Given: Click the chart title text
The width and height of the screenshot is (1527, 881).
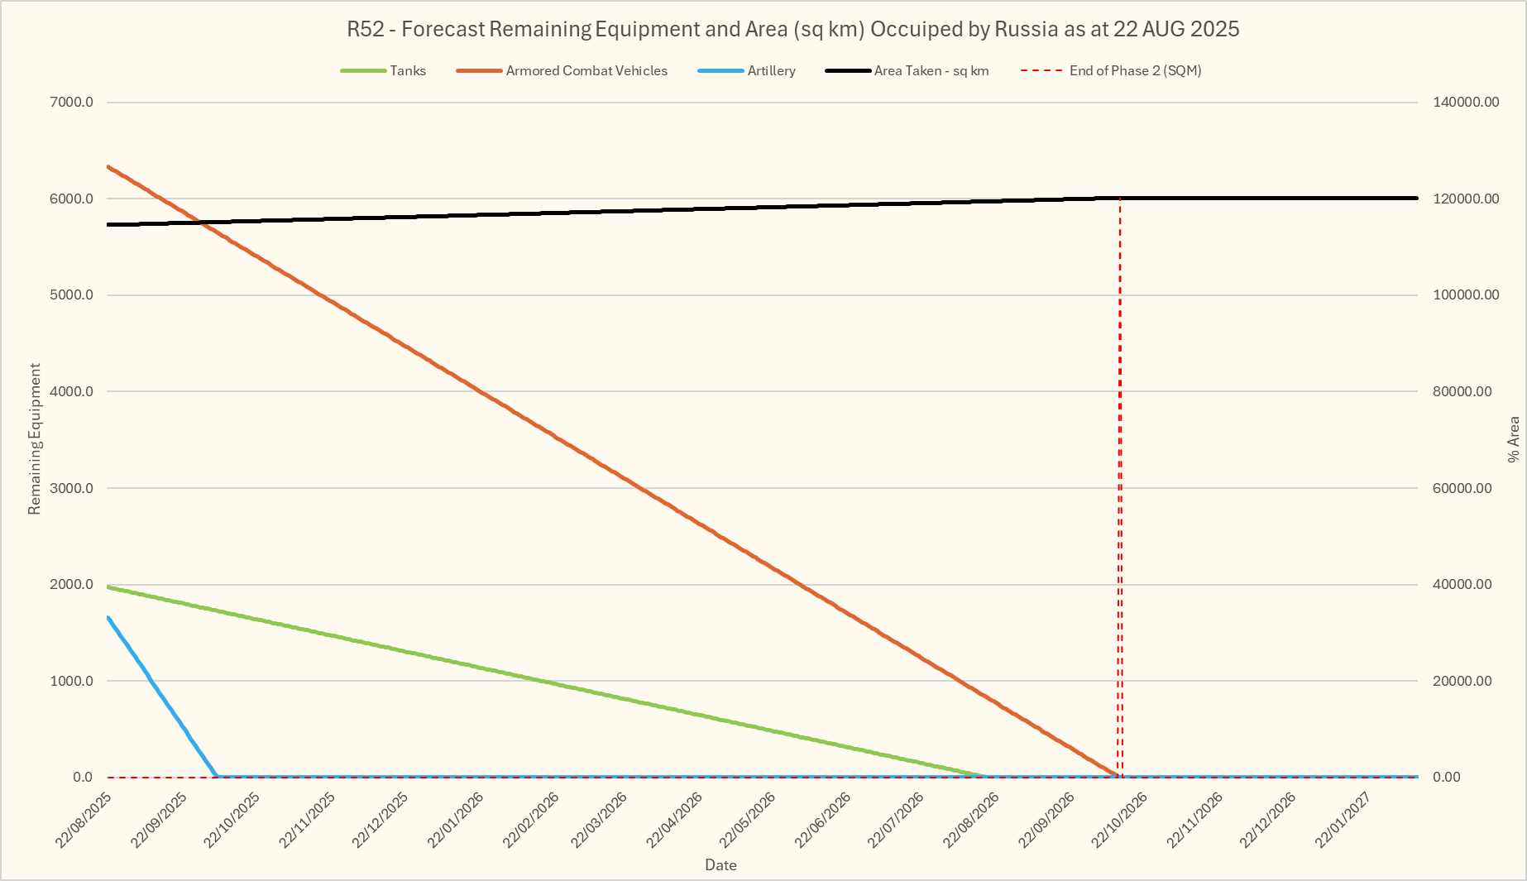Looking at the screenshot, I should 792,30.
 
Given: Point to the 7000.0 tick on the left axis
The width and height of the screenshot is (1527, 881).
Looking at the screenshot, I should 72,103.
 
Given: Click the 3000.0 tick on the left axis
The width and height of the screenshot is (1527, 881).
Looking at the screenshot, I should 72,488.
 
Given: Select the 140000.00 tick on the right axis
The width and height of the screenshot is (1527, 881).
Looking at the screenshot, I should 1465,103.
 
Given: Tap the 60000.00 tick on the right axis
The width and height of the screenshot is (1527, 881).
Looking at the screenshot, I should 1462,488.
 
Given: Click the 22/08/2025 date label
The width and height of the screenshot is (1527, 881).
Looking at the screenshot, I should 84,820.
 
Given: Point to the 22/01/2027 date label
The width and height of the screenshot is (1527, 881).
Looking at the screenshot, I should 1343,820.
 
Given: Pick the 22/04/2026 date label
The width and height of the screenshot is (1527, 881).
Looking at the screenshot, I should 674,820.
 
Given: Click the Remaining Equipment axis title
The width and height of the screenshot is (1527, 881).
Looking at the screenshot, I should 35,438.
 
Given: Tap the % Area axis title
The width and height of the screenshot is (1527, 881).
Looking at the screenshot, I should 1513,439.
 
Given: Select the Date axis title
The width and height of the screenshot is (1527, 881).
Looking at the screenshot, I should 720,865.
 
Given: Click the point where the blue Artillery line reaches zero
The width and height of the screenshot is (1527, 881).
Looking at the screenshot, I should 217,777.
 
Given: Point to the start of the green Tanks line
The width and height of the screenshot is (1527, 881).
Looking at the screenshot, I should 109,587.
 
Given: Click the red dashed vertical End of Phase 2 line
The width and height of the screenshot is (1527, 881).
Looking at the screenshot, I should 1120,496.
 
